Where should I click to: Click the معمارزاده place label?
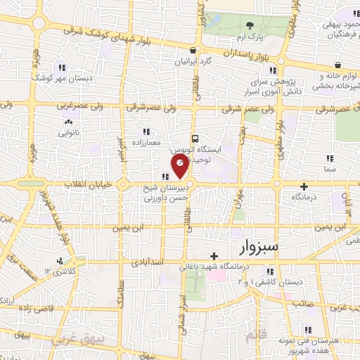146,143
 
